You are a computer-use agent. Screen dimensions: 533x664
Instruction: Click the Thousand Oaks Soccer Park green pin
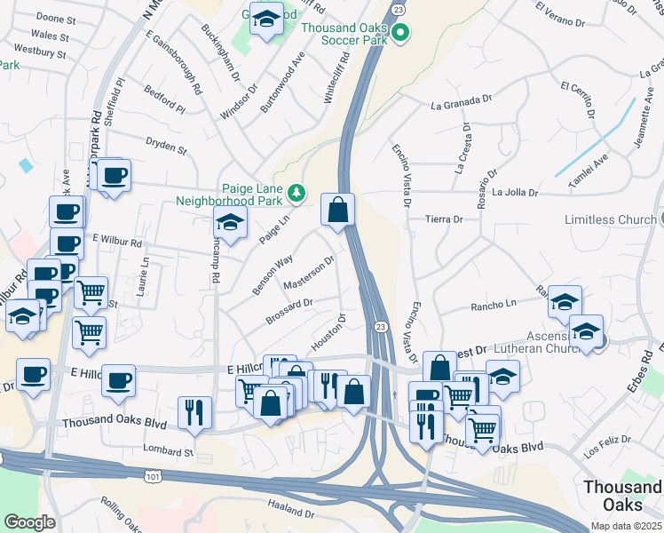[399, 35]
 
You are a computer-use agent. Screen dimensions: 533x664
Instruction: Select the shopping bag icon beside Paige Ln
[337, 211]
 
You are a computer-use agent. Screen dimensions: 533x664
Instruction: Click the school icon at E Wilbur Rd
[230, 226]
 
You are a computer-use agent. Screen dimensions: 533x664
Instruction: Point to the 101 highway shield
[147, 478]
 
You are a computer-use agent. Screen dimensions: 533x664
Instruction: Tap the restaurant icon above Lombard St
[194, 412]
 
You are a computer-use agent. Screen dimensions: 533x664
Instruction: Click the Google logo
[29, 522]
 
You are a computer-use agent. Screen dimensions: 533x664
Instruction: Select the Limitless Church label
[612, 219]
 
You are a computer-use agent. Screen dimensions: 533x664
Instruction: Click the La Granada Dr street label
[460, 104]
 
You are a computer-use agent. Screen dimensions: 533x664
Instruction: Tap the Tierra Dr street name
[445, 219]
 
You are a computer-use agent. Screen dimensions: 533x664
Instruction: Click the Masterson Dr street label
[308, 274]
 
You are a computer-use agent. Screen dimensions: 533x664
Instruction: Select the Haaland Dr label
[290, 508]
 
